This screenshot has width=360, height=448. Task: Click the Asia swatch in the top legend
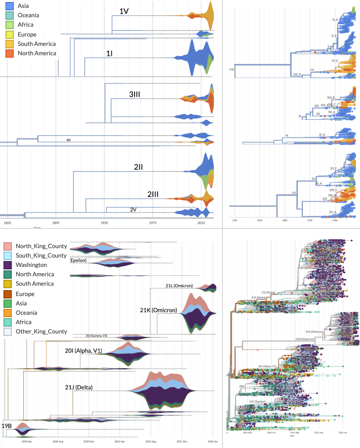click(x=8, y=6)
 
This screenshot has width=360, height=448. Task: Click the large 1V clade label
click(x=124, y=11)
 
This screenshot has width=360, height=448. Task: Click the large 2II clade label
click(x=139, y=167)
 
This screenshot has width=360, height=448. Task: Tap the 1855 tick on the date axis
click(x=7, y=223)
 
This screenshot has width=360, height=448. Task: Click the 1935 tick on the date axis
click(x=104, y=223)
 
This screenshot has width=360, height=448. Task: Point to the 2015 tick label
click(x=201, y=223)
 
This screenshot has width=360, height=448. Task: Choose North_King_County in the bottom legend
click(x=41, y=246)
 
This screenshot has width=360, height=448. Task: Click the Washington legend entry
click(x=35, y=265)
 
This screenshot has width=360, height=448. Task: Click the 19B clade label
click(x=7, y=425)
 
